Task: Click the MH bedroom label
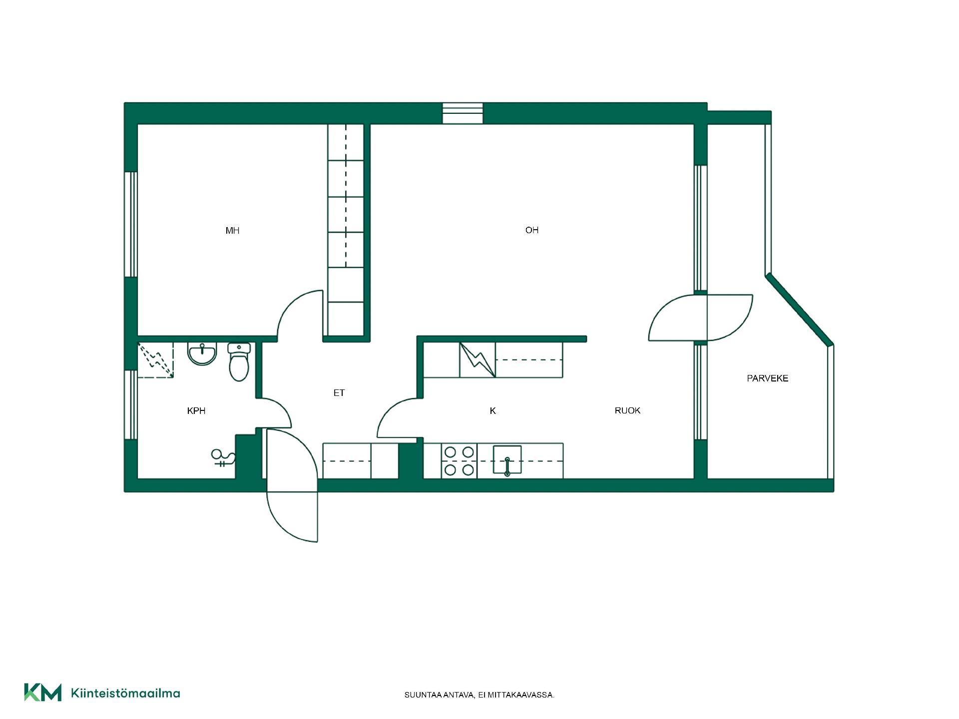[x=232, y=231]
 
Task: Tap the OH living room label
[x=532, y=230]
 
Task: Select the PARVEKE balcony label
[x=768, y=378]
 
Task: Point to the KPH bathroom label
[x=196, y=411]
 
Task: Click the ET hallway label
[x=339, y=393]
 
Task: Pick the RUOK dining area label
[x=627, y=410]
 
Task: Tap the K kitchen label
[x=493, y=411]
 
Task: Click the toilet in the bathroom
[x=239, y=361]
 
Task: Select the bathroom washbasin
[x=202, y=354]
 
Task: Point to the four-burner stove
[x=459, y=461]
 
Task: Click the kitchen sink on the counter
[x=507, y=459]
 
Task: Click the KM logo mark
[x=43, y=693]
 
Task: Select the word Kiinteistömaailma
[x=125, y=693]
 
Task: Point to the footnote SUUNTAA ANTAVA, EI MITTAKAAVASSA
[x=479, y=695]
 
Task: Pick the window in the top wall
[x=463, y=113]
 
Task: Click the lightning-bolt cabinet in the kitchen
[x=478, y=359]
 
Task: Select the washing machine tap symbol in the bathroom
[x=223, y=458]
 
